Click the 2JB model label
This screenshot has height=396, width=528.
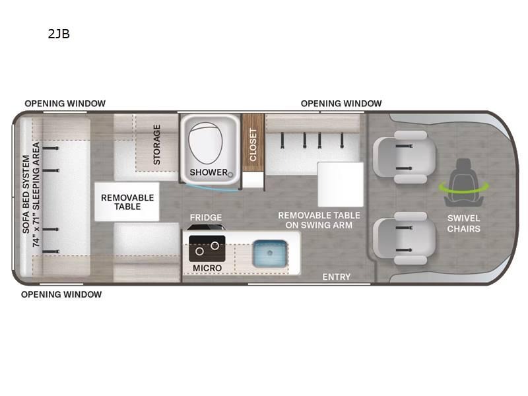point(59,34)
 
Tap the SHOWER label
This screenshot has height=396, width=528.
point(209,172)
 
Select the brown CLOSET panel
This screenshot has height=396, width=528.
point(253,143)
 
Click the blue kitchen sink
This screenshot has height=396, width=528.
point(270,253)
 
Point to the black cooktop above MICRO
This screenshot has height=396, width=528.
point(207,249)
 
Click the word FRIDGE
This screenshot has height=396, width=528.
point(206,218)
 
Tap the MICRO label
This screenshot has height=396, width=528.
point(207,268)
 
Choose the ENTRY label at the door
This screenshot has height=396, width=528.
point(337,277)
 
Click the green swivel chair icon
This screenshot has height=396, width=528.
point(464,183)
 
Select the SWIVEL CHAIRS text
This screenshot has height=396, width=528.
point(464,224)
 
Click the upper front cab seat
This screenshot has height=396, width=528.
point(405,157)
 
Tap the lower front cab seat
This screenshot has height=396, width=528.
point(405,238)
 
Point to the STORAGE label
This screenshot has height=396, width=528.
point(157,145)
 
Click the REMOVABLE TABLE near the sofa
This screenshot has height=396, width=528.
point(127,202)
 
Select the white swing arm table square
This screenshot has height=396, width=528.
point(341,185)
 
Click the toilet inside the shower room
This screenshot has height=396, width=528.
point(205,143)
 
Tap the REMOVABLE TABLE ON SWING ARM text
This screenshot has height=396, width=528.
point(319,220)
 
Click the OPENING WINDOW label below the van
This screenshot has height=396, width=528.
point(61,294)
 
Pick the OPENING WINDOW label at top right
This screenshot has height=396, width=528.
point(341,104)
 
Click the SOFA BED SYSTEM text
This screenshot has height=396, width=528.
point(26,194)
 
